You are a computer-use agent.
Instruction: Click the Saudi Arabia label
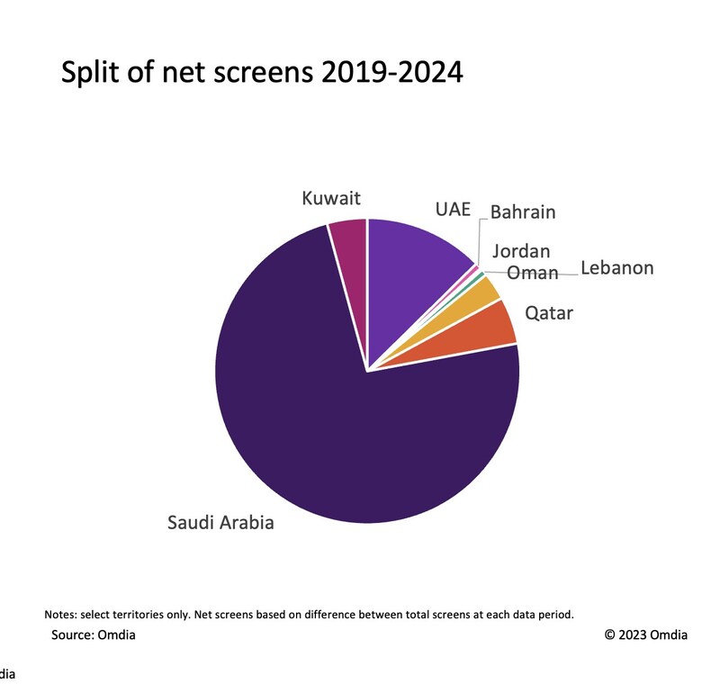[x=220, y=522]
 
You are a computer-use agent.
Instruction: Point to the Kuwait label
[x=331, y=197]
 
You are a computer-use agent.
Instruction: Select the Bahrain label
[x=523, y=212]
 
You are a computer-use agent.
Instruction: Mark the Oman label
[x=533, y=272]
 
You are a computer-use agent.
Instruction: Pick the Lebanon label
[x=616, y=268]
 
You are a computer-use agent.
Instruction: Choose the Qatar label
[x=549, y=313]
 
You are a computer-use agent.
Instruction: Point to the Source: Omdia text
[x=94, y=635]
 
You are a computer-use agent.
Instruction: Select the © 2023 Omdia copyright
[x=646, y=635]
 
